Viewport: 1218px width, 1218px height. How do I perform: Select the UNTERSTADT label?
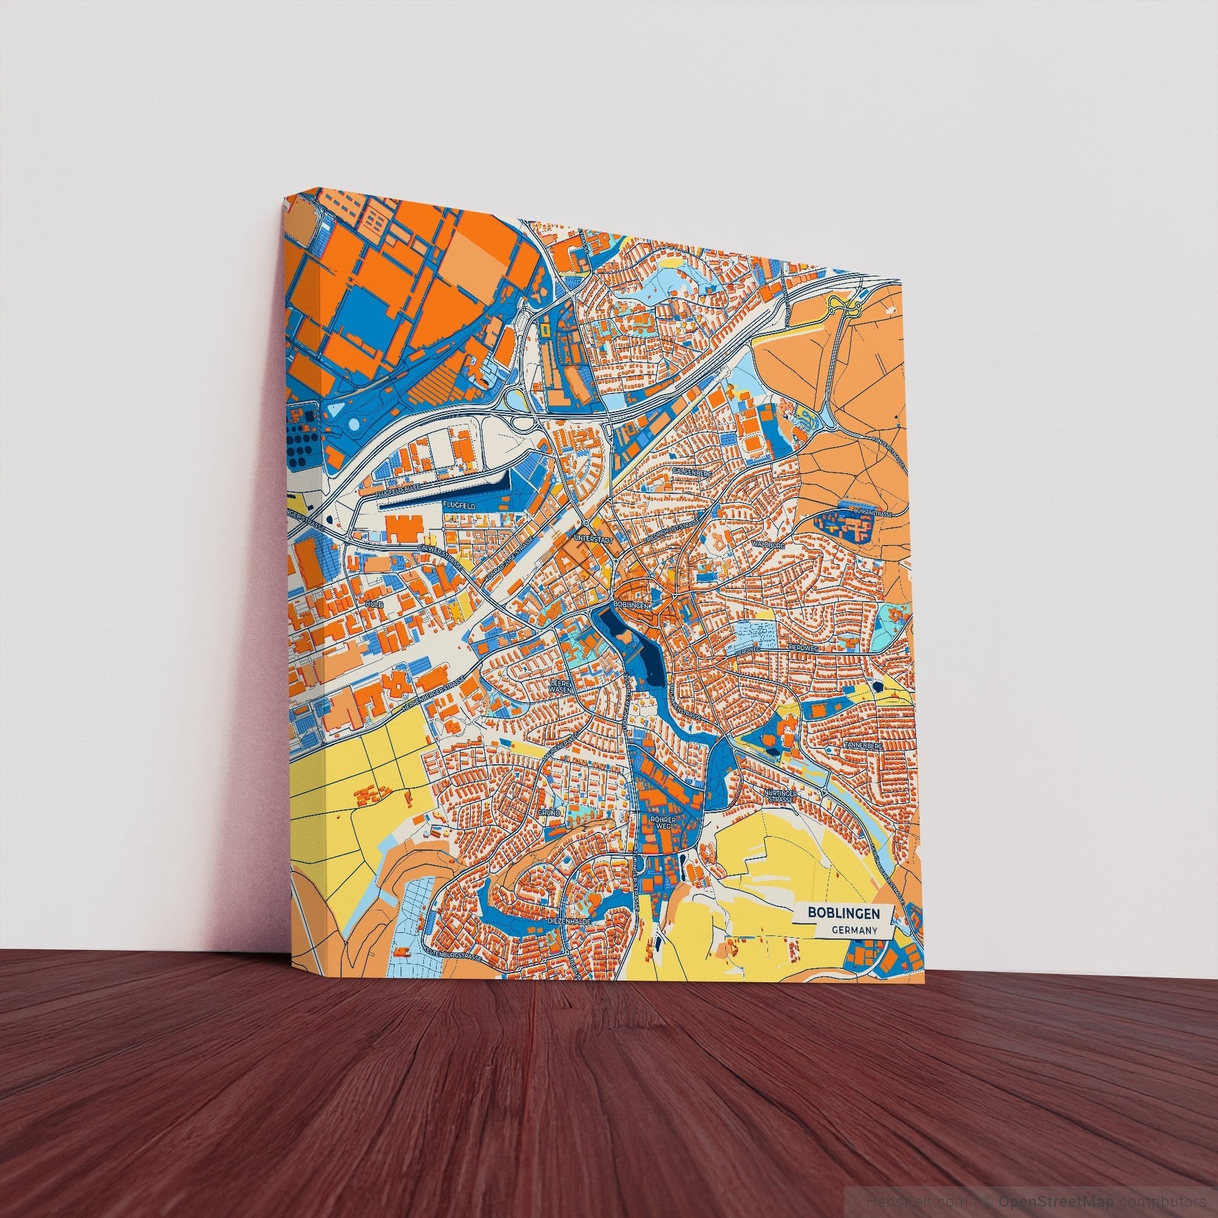click(593, 539)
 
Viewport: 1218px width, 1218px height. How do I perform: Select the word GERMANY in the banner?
click(855, 931)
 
